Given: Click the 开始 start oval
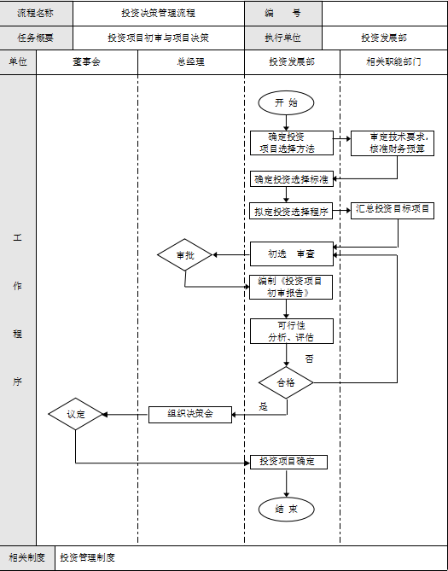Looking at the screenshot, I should [286, 102].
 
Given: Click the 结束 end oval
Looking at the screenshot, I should [286, 510].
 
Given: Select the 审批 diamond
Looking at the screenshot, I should [184, 255].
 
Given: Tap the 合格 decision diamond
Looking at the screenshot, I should [286, 383].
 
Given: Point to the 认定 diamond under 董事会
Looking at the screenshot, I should [76, 415].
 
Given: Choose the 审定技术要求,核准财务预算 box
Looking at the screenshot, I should [393, 143].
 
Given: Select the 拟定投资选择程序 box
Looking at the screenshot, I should [291, 212].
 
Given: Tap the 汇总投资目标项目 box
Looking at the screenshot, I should [393, 210].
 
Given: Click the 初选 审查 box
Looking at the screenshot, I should [290, 254].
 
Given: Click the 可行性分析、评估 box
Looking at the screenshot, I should [290, 331].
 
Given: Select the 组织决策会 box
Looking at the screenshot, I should [191, 415].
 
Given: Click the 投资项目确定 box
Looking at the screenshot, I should [288, 462].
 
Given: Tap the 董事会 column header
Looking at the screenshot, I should [86, 63].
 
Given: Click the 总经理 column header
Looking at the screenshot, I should [190, 63].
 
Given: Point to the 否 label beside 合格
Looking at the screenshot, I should [308, 358].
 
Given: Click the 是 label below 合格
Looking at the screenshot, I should [264, 407].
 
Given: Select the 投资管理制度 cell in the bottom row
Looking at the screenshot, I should [87, 558].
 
